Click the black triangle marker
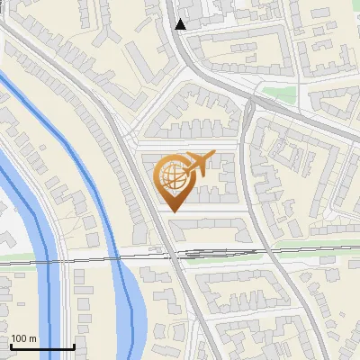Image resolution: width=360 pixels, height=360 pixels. coord(181,24)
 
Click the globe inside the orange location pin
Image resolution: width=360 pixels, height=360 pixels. coord(174,178)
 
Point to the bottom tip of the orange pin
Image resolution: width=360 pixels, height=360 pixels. coord(175,211)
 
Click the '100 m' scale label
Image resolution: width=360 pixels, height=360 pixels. coord(23,339)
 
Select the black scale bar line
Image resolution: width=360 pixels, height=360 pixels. coord(42,346)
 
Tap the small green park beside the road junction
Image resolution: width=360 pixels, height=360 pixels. coord(278,92)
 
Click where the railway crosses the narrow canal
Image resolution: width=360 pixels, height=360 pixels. coord(119,256)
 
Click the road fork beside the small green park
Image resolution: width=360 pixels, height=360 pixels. coord(253,103)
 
